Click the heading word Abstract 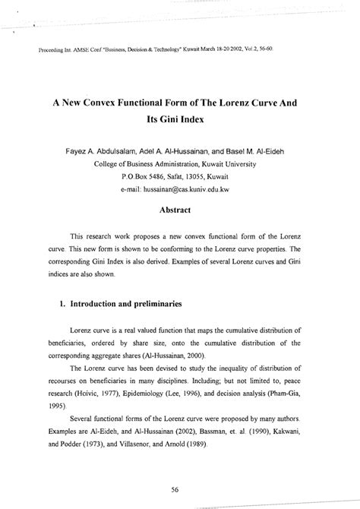[x=179, y=209]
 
